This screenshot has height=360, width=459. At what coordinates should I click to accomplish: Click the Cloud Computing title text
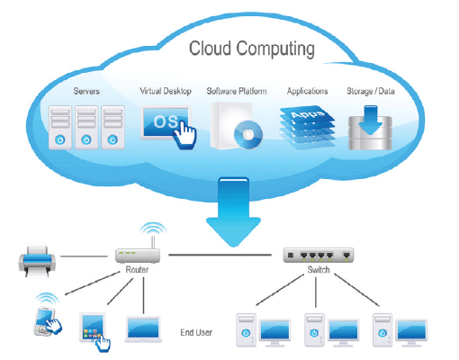252,49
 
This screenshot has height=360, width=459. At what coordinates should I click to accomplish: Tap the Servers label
86,91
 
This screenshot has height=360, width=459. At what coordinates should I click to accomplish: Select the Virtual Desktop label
166,91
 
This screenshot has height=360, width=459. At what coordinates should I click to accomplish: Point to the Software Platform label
237,91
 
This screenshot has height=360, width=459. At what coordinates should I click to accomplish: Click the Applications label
307,91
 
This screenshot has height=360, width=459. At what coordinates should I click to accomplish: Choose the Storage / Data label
371,91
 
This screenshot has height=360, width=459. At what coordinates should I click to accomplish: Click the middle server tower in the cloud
86,128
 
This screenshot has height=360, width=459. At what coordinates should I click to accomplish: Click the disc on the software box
248,134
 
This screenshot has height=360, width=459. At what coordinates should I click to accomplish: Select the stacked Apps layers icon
307,127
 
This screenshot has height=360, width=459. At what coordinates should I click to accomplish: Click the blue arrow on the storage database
371,120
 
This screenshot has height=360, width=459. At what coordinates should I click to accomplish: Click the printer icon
37,260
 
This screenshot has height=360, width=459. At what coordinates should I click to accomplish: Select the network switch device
319,256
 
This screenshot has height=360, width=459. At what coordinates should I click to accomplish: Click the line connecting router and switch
220,255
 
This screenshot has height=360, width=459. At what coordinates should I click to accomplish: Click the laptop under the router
143,329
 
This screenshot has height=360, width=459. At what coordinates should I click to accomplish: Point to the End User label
196,332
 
